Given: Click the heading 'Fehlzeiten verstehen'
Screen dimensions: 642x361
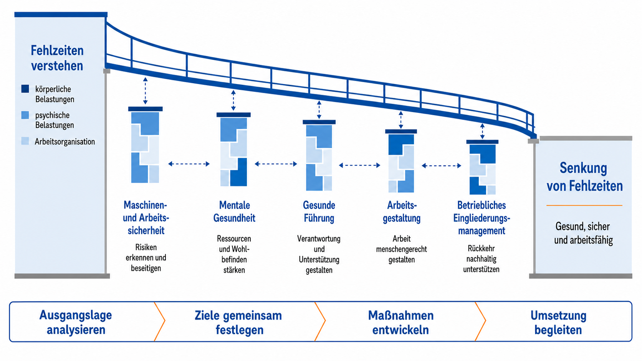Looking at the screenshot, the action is pyautogui.click(x=57, y=58).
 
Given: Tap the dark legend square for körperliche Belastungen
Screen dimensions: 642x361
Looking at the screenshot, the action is pyautogui.click(x=25, y=89).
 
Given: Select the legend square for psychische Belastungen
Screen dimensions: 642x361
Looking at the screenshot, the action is pyautogui.click(x=25, y=115).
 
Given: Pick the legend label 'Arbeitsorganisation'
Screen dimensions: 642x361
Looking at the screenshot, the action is pyautogui.click(x=65, y=142).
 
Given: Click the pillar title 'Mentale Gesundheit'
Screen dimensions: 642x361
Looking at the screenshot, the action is pyautogui.click(x=234, y=211).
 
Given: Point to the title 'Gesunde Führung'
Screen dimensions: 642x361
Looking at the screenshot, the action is pyautogui.click(x=319, y=211).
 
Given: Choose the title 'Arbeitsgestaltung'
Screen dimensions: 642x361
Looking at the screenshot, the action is pyautogui.click(x=402, y=211).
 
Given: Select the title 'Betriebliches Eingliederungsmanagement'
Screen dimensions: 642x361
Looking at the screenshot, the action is pyautogui.click(x=482, y=218).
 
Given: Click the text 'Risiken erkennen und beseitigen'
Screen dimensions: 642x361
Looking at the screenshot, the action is pyautogui.click(x=146, y=258).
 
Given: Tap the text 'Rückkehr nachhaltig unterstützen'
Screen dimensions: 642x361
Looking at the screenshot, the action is pyautogui.click(x=481, y=259).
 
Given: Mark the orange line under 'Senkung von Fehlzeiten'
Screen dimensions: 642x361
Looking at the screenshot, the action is pyautogui.click(x=584, y=205).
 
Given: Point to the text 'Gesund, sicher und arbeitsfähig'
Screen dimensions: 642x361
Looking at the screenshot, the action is pyautogui.click(x=583, y=233).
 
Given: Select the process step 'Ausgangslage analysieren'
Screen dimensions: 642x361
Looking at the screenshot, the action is pyautogui.click(x=76, y=322).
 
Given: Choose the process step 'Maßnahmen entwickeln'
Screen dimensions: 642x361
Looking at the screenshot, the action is pyautogui.click(x=401, y=322).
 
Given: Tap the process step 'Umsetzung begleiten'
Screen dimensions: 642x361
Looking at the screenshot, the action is pyautogui.click(x=558, y=322).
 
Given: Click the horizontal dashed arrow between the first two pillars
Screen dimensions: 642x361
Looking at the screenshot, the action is pyautogui.click(x=189, y=164).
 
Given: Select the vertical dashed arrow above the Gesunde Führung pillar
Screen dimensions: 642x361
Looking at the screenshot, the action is pyautogui.click(x=319, y=110).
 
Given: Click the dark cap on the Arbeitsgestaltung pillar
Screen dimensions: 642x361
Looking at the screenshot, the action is pyautogui.click(x=401, y=132).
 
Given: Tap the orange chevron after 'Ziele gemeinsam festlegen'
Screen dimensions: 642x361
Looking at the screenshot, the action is pyautogui.click(x=320, y=321).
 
